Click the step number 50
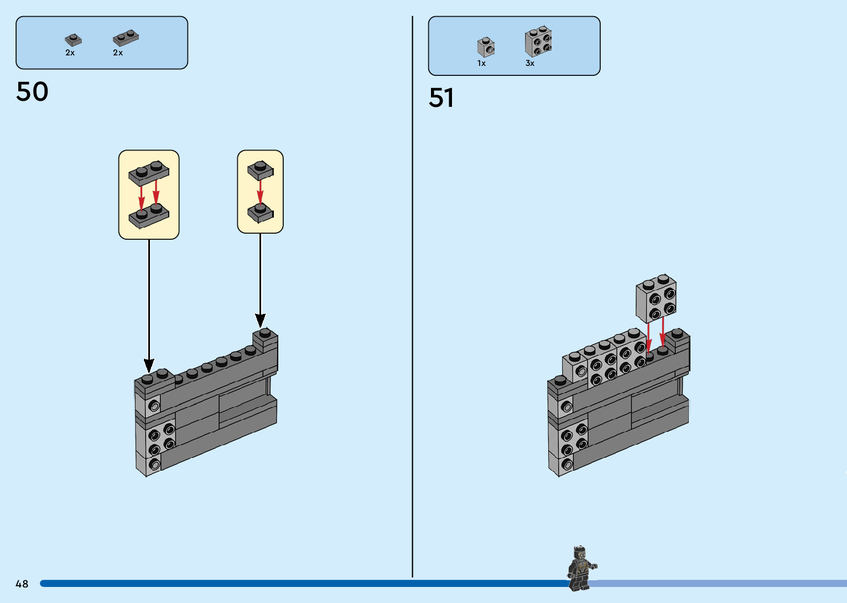pyautogui.click(x=32, y=92)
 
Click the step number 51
pyautogui.click(x=441, y=98)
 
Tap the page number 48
pyautogui.click(x=22, y=584)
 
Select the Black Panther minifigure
pyautogui.click(x=580, y=568)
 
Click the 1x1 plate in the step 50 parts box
pyautogui.click(x=73, y=40)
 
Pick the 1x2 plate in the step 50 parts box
pyautogui.click(x=126, y=38)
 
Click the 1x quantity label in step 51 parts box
pyautogui.click(x=481, y=64)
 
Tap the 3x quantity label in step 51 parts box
pyautogui.click(x=529, y=64)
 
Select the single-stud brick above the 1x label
pyautogui.click(x=486, y=48)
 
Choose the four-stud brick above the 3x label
pyautogui.click(x=538, y=42)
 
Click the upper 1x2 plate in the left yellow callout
pyautogui.click(x=149, y=172)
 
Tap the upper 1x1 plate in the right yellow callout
pyautogui.click(x=260, y=170)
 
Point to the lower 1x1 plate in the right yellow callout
pyautogui.click(x=260, y=213)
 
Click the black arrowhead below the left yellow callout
pyautogui.click(x=149, y=365)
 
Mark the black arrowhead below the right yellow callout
pyautogui.click(x=260, y=320)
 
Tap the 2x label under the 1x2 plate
pyautogui.click(x=118, y=53)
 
